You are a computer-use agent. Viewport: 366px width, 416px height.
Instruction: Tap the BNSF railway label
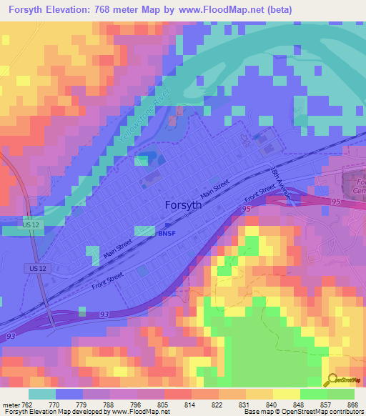[165, 233]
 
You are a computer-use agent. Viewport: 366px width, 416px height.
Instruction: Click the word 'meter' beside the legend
[10, 405]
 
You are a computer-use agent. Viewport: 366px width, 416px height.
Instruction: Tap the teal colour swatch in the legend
[41, 394]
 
